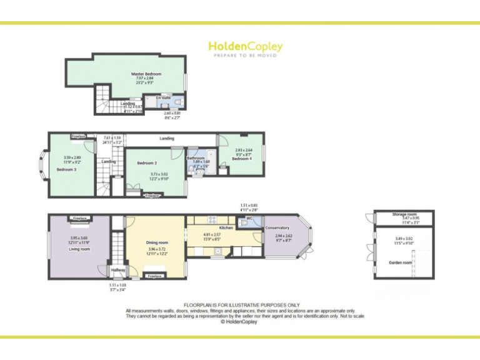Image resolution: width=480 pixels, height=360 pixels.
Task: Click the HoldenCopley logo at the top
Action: [x=245, y=47]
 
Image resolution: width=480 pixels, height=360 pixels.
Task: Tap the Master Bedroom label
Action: [x=142, y=74]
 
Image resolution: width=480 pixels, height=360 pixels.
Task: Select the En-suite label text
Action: [x=162, y=98]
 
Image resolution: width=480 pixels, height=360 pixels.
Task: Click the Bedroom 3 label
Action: [x=66, y=169]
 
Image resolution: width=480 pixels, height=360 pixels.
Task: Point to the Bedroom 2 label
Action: [x=146, y=163]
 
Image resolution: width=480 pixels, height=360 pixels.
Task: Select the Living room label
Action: [x=79, y=249]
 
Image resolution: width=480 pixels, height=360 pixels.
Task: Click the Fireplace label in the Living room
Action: [x=79, y=219]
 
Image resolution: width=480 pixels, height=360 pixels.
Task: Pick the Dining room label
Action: [x=157, y=242]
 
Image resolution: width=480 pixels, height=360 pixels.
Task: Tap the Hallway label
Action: [x=118, y=270]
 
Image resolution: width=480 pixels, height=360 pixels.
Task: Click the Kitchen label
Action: [x=226, y=228]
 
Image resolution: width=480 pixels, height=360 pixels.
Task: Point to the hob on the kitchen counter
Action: [x=212, y=219]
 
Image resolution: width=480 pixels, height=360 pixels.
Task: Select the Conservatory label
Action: [x=277, y=228]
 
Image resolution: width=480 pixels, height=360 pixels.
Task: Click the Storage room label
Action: [x=404, y=214]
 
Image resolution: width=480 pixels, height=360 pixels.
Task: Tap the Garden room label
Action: [x=401, y=263]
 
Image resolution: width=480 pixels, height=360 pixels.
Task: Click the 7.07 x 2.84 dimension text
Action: [x=142, y=78]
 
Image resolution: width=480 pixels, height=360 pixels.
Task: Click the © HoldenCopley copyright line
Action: [x=240, y=322]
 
